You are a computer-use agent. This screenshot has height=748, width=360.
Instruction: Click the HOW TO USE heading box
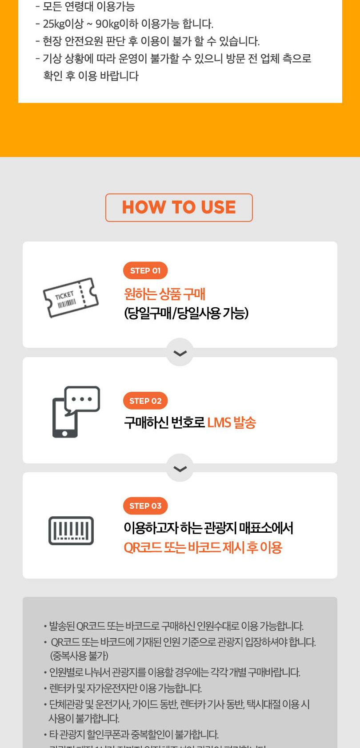(179, 208)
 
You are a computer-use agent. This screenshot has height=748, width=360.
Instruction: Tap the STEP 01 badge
(145, 270)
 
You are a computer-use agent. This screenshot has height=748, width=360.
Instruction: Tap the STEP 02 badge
(145, 401)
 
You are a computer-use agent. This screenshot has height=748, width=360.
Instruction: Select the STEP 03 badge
(145, 506)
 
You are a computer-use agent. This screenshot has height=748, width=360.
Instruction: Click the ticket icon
(71, 297)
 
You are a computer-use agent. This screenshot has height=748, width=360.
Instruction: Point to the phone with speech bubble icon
(76, 411)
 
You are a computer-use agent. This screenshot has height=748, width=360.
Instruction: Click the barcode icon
(71, 531)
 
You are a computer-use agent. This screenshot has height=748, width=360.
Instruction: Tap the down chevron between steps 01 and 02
(180, 353)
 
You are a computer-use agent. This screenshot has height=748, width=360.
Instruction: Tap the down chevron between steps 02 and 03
(180, 468)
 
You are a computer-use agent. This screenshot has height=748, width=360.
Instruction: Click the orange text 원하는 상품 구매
(164, 294)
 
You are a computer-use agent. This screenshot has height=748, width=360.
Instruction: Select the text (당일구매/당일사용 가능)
(186, 314)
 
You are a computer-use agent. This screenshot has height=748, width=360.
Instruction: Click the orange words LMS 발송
(232, 422)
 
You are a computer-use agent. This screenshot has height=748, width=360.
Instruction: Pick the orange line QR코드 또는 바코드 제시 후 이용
(203, 547)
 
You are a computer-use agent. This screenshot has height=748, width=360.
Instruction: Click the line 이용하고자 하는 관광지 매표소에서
(208, 528)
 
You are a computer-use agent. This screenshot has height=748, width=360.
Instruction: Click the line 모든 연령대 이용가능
(88, 7)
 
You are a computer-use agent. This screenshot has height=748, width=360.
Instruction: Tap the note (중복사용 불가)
(79, 656)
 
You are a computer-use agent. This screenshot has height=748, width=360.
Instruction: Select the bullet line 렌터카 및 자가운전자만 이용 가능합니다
(125, 688)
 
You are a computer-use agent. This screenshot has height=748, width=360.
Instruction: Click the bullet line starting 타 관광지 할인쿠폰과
(133, 734)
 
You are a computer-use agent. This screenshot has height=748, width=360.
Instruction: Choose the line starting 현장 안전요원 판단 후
(151, 41)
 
